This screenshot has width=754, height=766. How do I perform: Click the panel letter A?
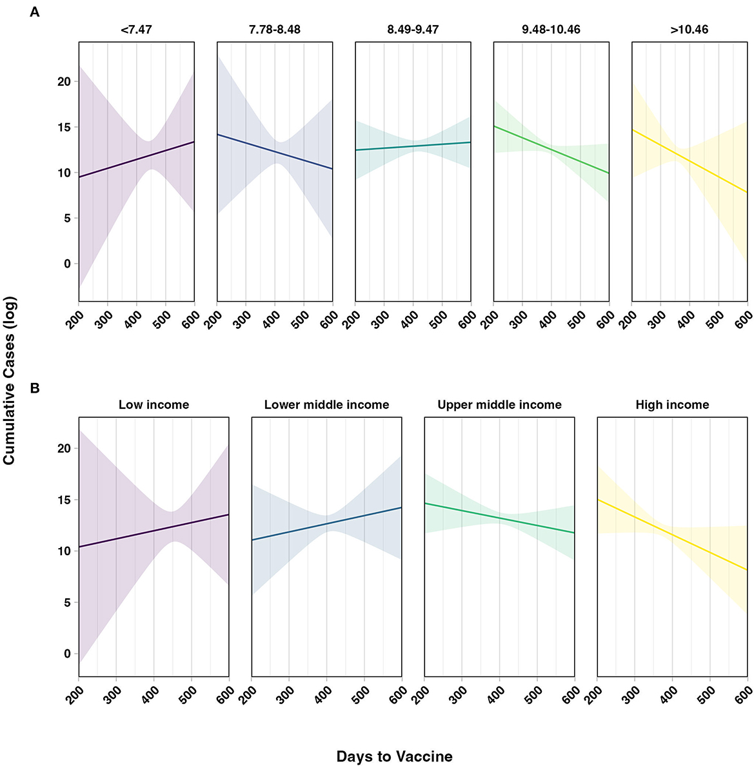click(x=35, y=12)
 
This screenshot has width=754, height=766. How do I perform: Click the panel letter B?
click(x=35, y=388)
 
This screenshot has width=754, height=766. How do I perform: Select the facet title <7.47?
click(x=136, y=30)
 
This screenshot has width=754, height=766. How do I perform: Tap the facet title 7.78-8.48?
click(x=275, y=30)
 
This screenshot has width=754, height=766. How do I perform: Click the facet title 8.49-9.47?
click(x=413, y=30)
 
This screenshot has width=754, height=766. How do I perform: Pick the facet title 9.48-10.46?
click(x=551, y=30)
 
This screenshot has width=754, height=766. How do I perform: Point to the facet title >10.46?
click(x=689, y=30)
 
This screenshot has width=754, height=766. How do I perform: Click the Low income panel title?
click(x=154, y=405)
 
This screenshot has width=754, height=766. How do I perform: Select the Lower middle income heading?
click(x=326, y=405)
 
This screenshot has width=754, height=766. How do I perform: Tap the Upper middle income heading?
click(x=499, y=405)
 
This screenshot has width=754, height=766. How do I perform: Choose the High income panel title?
click(x=672, y=405)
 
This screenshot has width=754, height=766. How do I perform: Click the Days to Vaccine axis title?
click(x=394, y=756)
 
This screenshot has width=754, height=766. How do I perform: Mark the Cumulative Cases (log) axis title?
click(x=9, y=380)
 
